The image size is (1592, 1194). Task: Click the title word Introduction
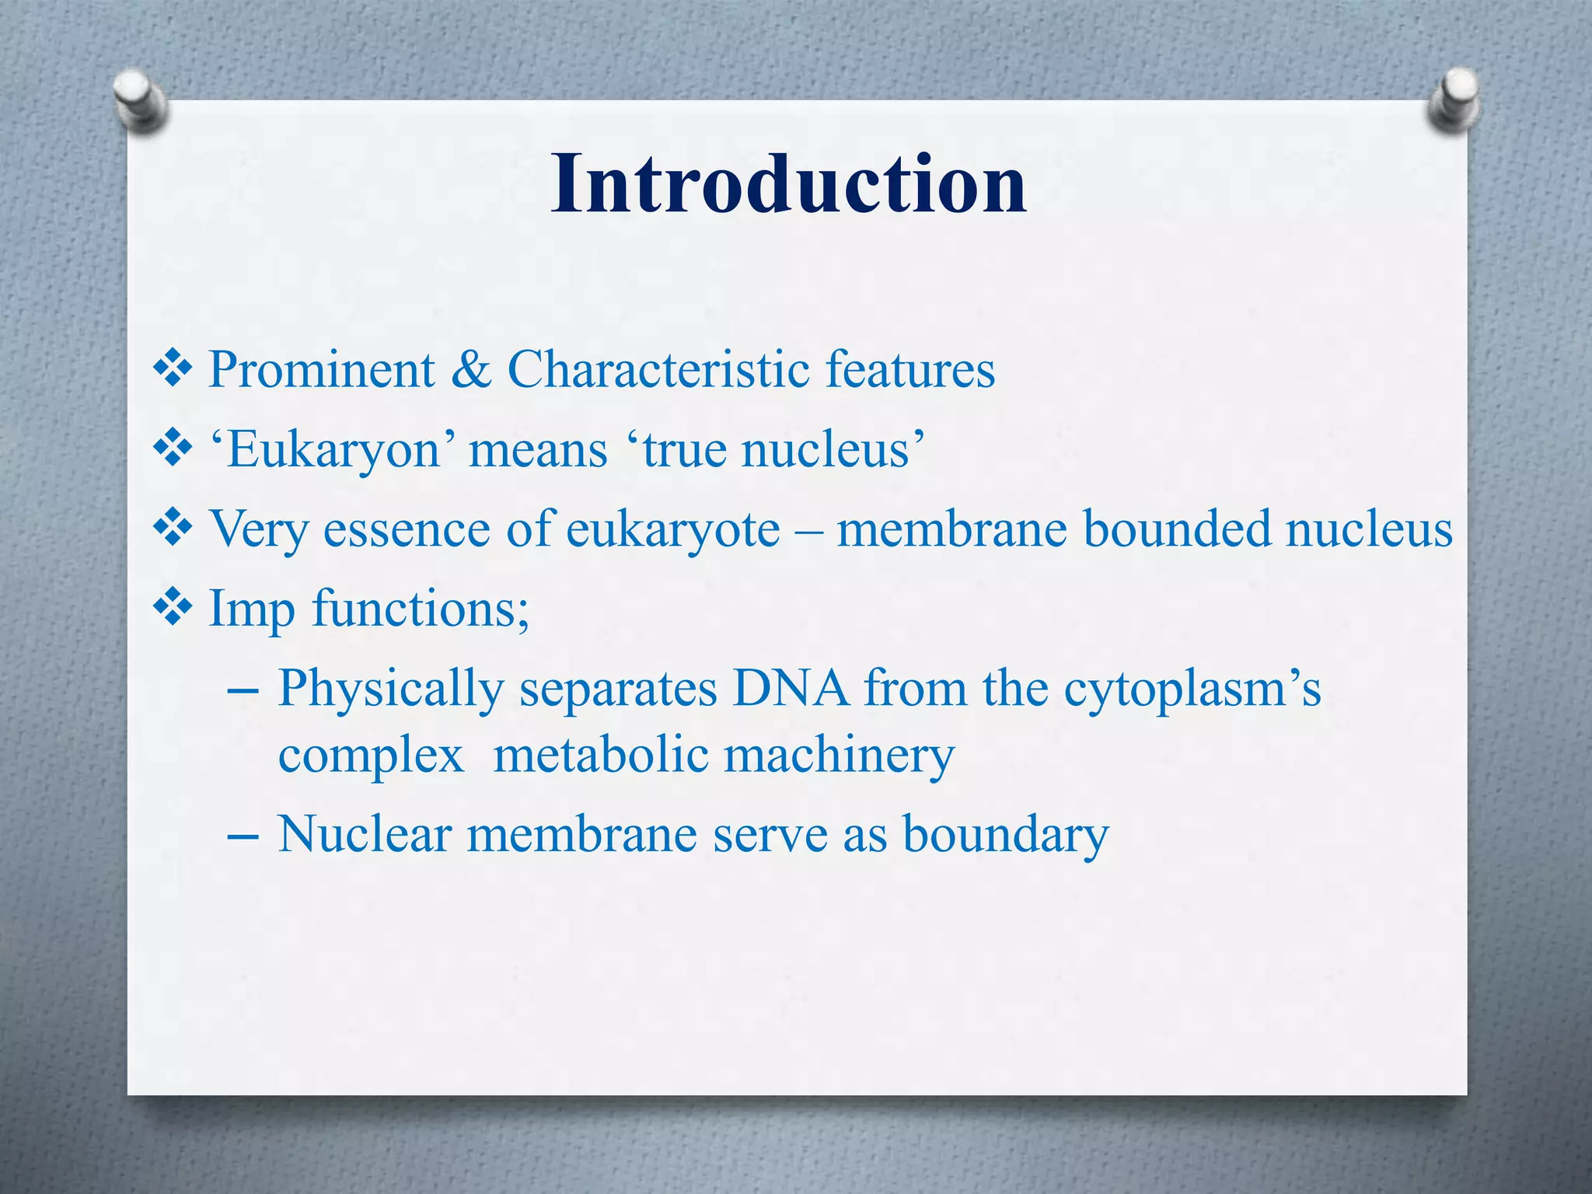(x=788, y=183)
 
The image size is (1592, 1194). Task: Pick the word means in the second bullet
(x=538, y=451)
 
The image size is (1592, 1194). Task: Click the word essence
(x=407, y=530)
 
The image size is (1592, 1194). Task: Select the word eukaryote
(x=672, y=530)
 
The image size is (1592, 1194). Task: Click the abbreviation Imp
(x=252, y=609)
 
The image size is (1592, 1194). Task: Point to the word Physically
(x=391, y=690)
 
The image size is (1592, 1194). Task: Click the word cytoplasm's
(x=1192, y=690)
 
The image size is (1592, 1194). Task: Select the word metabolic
(x=600, y=756)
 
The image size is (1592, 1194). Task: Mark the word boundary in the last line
(x=1006, y=836)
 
